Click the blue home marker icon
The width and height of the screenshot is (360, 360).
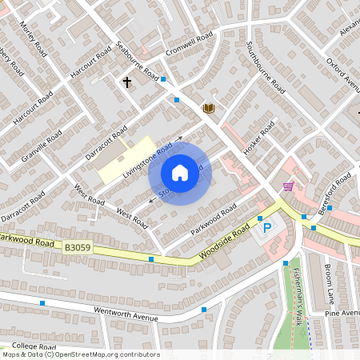[180, 172]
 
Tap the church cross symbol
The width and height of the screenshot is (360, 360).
[126, 82]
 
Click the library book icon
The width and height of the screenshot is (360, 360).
[209, 107]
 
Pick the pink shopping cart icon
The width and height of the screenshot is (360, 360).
[287, 186]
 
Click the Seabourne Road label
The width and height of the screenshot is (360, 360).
[138, 60]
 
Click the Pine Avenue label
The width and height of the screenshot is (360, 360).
[342, 314]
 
